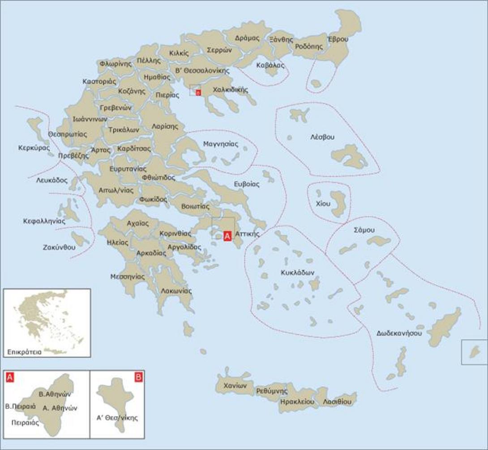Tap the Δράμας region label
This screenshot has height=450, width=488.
click(x=247, y=38)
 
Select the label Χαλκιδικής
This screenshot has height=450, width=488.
click(x=231, y=90)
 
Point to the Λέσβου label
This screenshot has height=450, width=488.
click(x=323, y=137)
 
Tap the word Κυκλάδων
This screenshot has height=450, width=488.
click(x=298, y=272)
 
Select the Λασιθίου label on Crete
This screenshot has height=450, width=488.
click(x=337, y=402)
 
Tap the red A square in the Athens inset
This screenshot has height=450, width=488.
click(x=10, y=377)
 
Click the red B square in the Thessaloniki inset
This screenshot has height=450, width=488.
click(x=139, y=377)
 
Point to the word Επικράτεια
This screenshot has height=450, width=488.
click(x=24, y=352)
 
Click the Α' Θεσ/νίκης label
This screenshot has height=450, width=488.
click(x=117, y=418)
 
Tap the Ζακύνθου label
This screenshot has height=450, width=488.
click(x=59, y=247)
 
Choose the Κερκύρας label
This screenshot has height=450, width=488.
click(x=34, y=147)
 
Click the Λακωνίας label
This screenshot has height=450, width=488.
click(x=176, y=291)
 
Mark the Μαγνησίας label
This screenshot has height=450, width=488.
click(x=221, y=144)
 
